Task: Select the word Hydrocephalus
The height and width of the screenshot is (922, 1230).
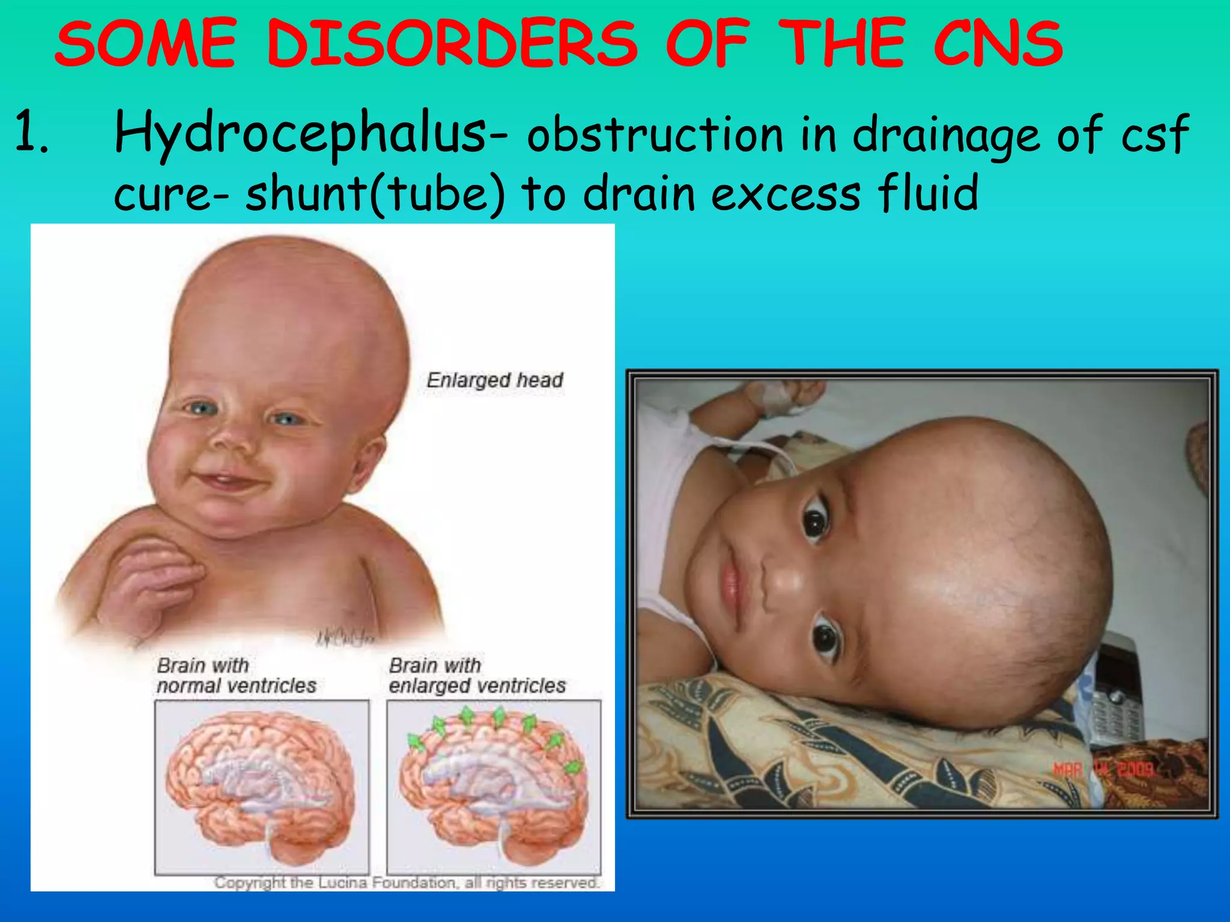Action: [300, 133]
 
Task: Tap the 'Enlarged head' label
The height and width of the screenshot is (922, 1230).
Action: [495, 380]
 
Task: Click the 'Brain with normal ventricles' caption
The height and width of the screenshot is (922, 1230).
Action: [236, 675]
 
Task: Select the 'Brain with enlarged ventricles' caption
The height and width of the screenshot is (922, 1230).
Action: [477, 675]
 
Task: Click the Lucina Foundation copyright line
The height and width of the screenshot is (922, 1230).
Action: [406, 882]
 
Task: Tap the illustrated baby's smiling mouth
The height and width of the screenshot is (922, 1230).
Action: [228, 480]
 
